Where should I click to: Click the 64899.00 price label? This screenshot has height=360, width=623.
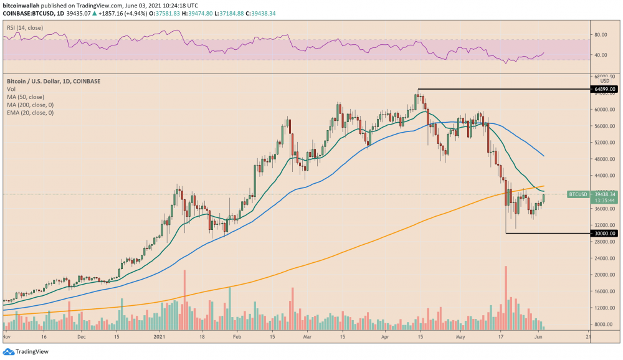click(x=605, y=89)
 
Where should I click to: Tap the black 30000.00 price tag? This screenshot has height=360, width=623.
click(x=605, y=233)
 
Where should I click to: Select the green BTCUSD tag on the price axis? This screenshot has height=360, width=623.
click(x=578, y=194)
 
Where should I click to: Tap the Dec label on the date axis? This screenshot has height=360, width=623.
click(x=82, y=336)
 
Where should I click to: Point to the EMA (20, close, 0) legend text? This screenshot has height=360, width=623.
click(x=30, y=113)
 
